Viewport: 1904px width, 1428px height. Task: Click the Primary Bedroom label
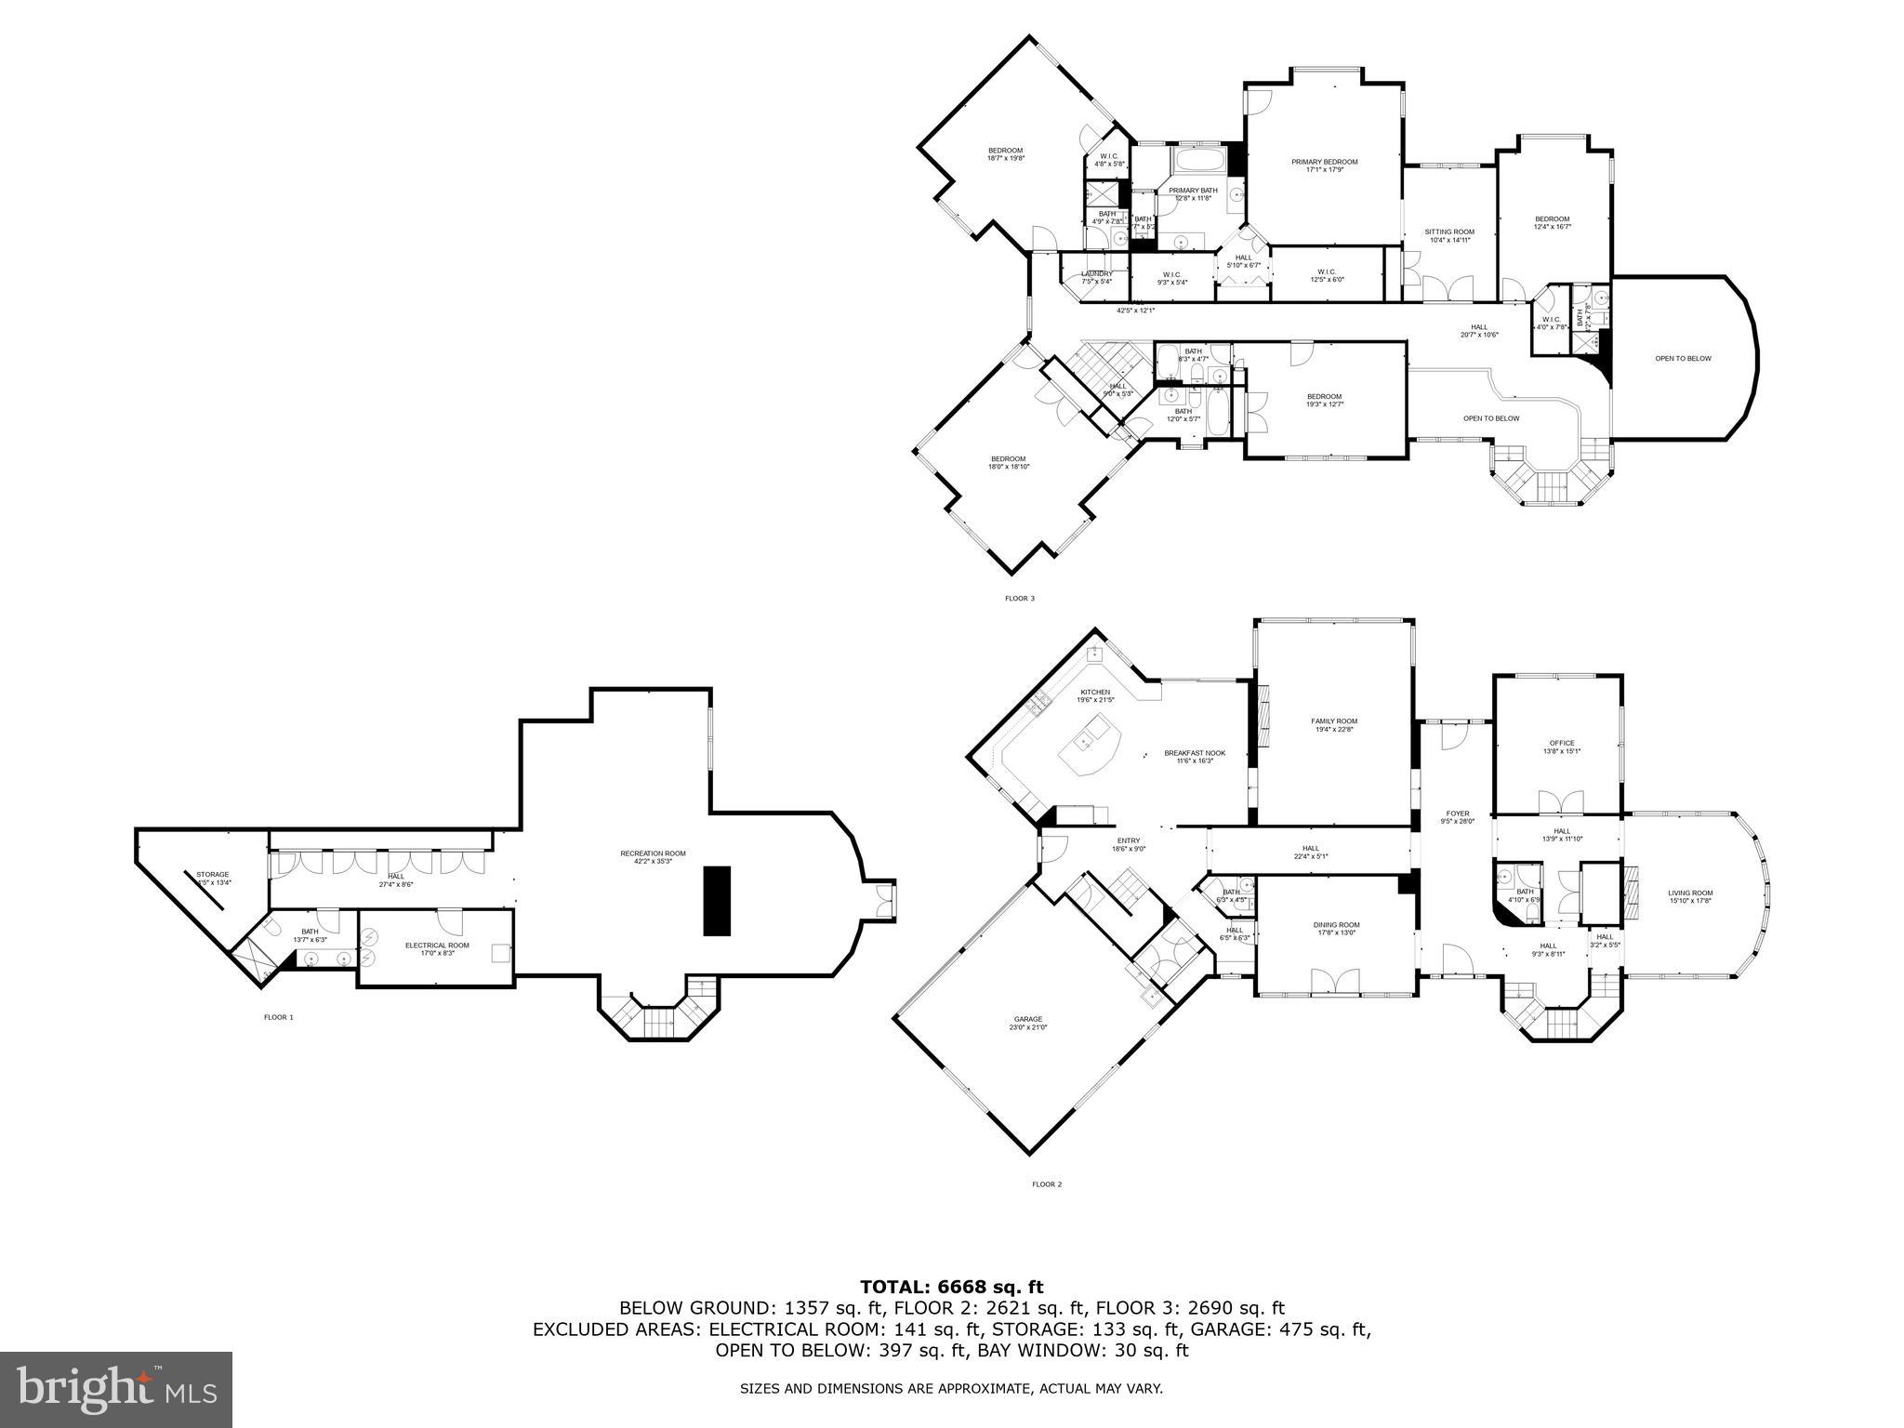tap(1324, 162)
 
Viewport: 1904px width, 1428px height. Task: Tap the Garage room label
tap(1028, 1019)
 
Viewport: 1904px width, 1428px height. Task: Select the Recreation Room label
tap(653, 853)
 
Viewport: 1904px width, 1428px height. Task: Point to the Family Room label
tap(1334, 721)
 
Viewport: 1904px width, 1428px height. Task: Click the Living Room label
tap(1689, 892)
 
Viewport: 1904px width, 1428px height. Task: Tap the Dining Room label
tap(1336, 925)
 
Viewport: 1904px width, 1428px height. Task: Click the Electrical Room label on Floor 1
tap(437, 945)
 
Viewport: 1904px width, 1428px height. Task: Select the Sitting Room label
tap(1449, 231)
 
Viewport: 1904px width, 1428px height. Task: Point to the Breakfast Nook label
tap(1195, 753)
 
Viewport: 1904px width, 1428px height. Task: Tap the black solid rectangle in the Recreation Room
tap(717, 900)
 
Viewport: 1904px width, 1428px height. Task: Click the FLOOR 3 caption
tap(1019, 599)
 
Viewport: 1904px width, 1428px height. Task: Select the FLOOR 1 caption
tap(278, 1017)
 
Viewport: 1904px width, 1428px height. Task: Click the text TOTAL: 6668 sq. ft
tap(951, 1287)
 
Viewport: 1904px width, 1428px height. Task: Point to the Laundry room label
tap(1097, 274)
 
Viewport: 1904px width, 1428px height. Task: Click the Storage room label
tap(212, 875)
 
